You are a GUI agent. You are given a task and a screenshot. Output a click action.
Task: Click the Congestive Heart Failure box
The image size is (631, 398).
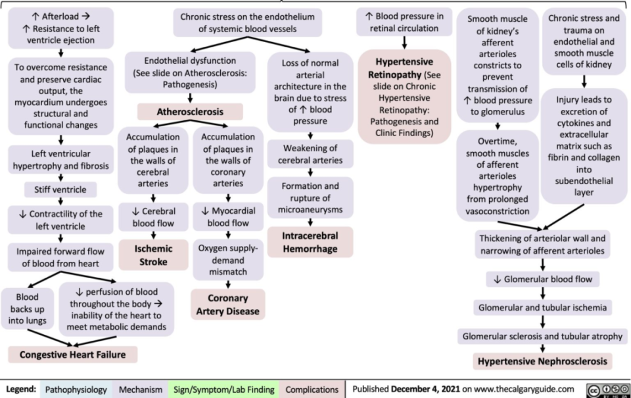point(73,355)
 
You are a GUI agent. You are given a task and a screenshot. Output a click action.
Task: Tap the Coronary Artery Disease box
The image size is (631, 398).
point(227,305)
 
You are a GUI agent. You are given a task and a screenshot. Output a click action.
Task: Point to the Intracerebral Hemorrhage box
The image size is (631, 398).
point(310,242)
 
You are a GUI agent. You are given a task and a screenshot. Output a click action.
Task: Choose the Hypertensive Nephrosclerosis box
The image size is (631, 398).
point(542,362)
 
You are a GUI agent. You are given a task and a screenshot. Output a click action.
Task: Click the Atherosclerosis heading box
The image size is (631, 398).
point(190,112)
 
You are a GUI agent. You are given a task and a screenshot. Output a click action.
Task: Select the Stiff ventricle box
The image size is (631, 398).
point(60,191)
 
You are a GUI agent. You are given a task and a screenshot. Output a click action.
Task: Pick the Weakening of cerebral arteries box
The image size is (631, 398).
point(310,154)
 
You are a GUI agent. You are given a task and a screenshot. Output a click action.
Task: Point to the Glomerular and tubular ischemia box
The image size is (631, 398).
point(542,307)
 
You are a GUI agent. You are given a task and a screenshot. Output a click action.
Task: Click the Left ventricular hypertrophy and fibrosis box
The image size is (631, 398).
point(60,160)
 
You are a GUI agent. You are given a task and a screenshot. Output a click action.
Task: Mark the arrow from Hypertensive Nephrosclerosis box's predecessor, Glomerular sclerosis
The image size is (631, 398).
point(542,349)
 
